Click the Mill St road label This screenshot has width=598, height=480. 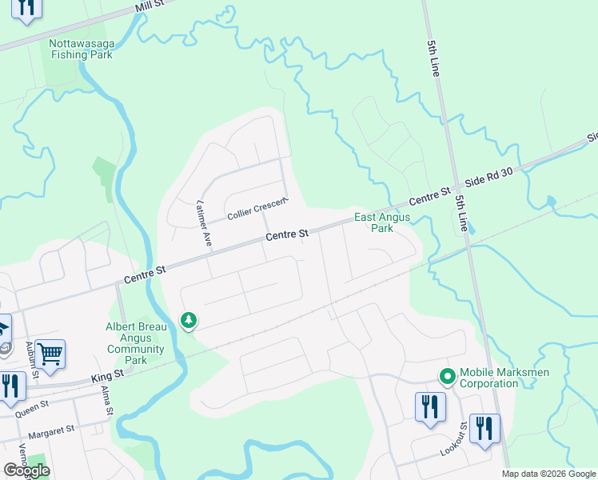click(149, 7)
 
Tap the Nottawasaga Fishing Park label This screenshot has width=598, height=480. click(81, 49)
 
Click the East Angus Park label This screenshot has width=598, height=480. click(382, 222)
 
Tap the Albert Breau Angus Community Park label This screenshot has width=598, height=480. click(135, 343)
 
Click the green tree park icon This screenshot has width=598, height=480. click(189, 321)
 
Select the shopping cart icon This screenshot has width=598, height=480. click(50, 353)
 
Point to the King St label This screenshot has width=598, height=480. click(108, 374)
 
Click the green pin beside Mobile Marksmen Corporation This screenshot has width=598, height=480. click(447, 375)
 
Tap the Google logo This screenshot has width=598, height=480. click(26, 470)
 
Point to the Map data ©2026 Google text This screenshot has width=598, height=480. click(548, 474)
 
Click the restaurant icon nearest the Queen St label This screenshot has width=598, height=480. click(10, 386)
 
